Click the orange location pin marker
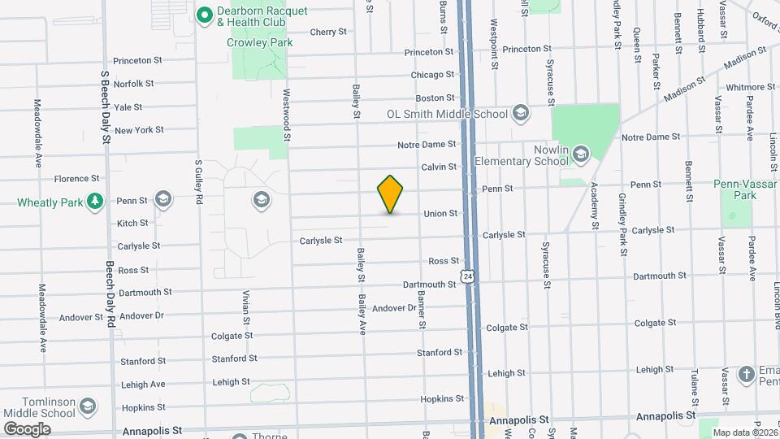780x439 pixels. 390,194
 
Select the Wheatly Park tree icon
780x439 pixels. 95,200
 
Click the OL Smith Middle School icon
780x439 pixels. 520,114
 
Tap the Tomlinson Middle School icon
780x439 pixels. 87,406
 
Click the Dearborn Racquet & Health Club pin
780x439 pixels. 204,14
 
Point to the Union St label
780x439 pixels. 440,214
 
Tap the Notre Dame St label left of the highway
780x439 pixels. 427,145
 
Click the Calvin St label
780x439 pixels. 439,167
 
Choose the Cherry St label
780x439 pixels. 328,33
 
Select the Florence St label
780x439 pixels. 76,179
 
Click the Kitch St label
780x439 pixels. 132,223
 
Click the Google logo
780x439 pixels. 27,428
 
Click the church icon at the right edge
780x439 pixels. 747,375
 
